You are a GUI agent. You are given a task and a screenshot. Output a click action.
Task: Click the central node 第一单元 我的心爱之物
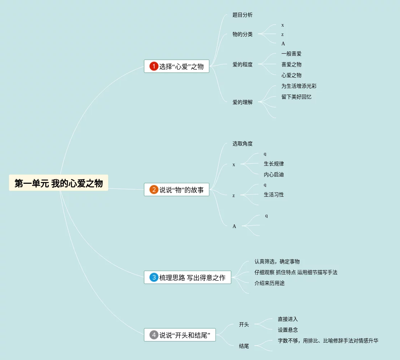59,183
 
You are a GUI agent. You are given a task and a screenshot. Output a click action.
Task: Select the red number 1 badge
154,66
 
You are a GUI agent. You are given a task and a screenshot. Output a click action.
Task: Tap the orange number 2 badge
154,190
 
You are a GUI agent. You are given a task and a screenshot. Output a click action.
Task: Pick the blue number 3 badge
154,277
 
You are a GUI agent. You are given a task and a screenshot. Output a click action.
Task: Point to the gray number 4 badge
154,335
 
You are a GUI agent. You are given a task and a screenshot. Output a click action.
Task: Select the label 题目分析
243,15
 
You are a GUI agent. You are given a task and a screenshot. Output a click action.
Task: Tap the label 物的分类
243,35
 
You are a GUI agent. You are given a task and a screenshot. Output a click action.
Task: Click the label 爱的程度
243,65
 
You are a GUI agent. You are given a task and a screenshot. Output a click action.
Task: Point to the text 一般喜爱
291,54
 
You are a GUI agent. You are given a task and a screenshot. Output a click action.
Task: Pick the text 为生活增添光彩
299,86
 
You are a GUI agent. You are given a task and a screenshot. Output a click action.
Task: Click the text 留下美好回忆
296,97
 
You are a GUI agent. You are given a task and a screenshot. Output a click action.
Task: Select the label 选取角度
243,144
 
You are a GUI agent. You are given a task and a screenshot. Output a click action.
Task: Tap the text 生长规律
274,164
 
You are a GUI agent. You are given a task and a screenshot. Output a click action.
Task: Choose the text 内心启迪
274,175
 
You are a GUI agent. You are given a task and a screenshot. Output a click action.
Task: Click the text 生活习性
274,195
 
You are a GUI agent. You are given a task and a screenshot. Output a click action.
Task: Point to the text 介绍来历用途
270,283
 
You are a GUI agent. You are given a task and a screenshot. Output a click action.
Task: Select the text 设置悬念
288,330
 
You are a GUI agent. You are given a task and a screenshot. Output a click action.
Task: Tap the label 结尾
244,346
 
